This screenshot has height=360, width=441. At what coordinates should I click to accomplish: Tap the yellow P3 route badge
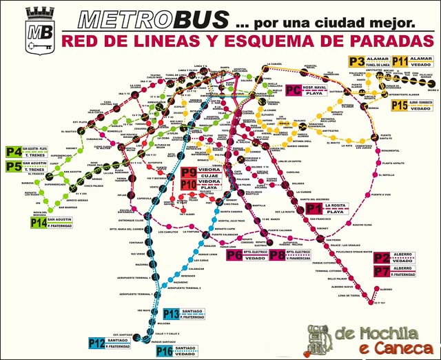point(358,63)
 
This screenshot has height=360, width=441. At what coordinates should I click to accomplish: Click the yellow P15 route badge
point(400,105)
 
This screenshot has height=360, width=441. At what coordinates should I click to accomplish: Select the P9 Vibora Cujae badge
point(189,172)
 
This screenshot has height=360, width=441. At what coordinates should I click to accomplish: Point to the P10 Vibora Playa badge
point(189,184)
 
